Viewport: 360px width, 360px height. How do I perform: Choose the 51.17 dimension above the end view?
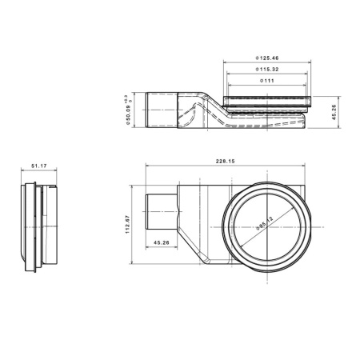click(x=38, y=166)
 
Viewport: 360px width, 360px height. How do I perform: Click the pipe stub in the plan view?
click(x=160, y=210)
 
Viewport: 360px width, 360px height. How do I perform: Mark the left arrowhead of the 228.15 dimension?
click(x=148, y=166)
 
